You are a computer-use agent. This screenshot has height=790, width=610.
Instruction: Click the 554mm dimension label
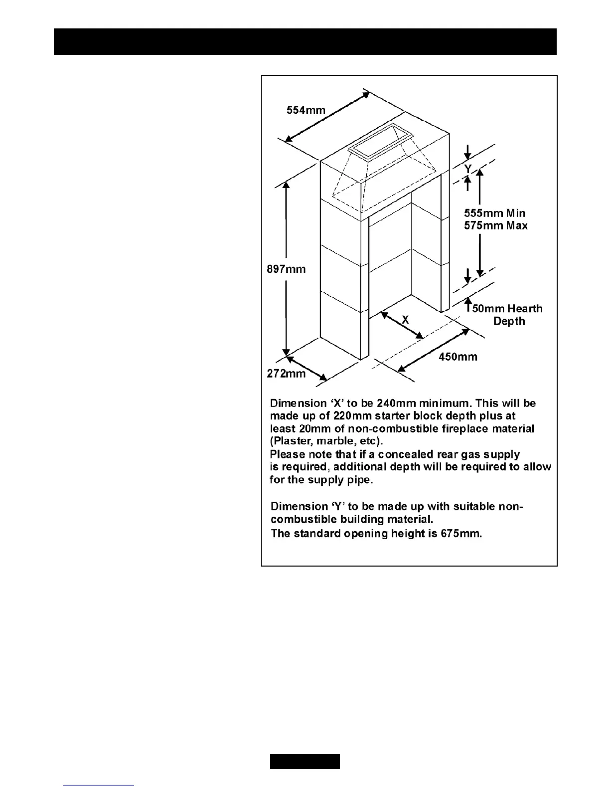pos(305,110)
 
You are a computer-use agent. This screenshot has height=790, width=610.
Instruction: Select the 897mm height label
pos(287,269)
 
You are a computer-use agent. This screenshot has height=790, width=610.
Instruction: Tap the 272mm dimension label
pos(286,373)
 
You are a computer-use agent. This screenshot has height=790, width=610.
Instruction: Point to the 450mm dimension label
pos(458,357)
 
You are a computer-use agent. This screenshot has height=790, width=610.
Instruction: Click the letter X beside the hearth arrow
pos(405,320)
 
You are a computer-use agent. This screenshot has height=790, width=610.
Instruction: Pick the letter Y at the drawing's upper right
pos(467,169)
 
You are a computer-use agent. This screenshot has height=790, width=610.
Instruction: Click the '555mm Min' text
pos(494,213)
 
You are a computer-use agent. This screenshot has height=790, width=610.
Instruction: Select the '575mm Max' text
pos(495,225)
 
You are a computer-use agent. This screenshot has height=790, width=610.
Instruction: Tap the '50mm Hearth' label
pos(507,309)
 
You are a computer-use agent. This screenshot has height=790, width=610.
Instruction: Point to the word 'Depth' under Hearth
pos(509,321)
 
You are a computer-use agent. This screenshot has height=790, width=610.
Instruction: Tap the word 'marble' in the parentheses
pos(340,442)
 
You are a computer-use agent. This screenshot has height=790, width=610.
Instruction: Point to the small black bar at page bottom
pos(305,762)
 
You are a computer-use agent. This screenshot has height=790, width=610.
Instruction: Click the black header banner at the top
pos(305,41)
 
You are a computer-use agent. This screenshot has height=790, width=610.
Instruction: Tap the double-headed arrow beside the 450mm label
pos(433,349)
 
